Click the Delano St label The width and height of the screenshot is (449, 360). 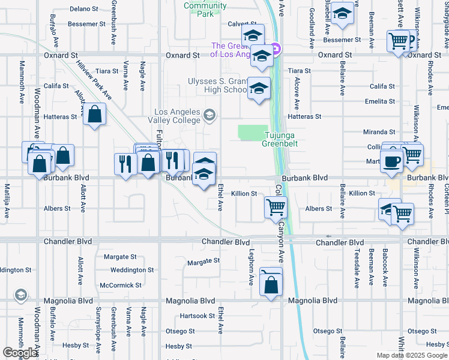83,9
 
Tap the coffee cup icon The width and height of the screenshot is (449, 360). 391,162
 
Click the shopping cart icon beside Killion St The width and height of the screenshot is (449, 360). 276,208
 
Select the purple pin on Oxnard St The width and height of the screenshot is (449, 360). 276,48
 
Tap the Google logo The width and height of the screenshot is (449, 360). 20,353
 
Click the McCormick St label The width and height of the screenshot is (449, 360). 121,286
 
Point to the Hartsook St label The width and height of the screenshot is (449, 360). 197,316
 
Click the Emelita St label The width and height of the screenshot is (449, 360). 379,101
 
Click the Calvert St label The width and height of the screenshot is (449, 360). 225,25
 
